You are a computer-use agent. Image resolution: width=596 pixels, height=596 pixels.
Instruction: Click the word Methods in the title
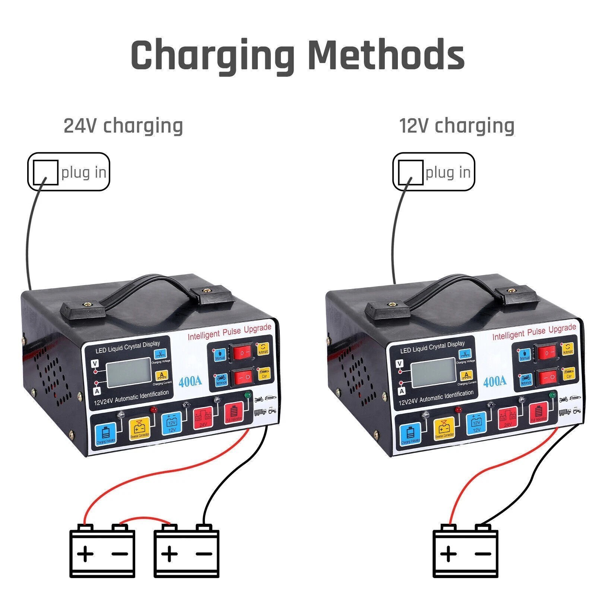(386, 54)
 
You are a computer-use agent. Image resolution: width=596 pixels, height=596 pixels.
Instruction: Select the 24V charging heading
(123, 126)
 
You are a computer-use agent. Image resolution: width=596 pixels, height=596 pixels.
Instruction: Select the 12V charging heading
(457, 126)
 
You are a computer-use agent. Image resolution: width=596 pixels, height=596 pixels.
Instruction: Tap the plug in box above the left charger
(69, 172)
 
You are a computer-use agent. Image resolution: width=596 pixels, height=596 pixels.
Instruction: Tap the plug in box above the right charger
(434, 172)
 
